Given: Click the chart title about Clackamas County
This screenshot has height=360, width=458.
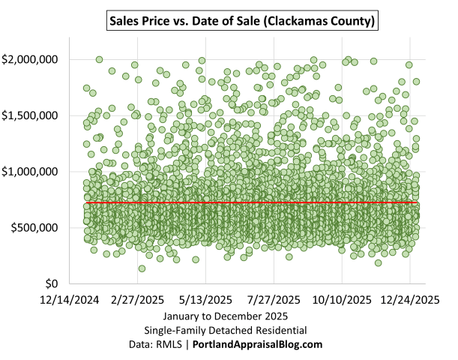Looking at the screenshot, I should click(240, 19).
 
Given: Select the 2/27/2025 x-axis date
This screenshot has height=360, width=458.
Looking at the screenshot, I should click(139, 300).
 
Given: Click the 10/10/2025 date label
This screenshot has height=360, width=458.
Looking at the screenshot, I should click(342, 300).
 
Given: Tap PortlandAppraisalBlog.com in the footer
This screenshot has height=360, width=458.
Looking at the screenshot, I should click(258, 344).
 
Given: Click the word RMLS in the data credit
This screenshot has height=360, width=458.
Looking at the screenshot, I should click(172, 344).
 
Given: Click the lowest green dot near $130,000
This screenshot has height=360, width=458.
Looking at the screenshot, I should click(142, 268).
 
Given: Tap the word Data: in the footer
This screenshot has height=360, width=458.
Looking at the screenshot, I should click(142, 344).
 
